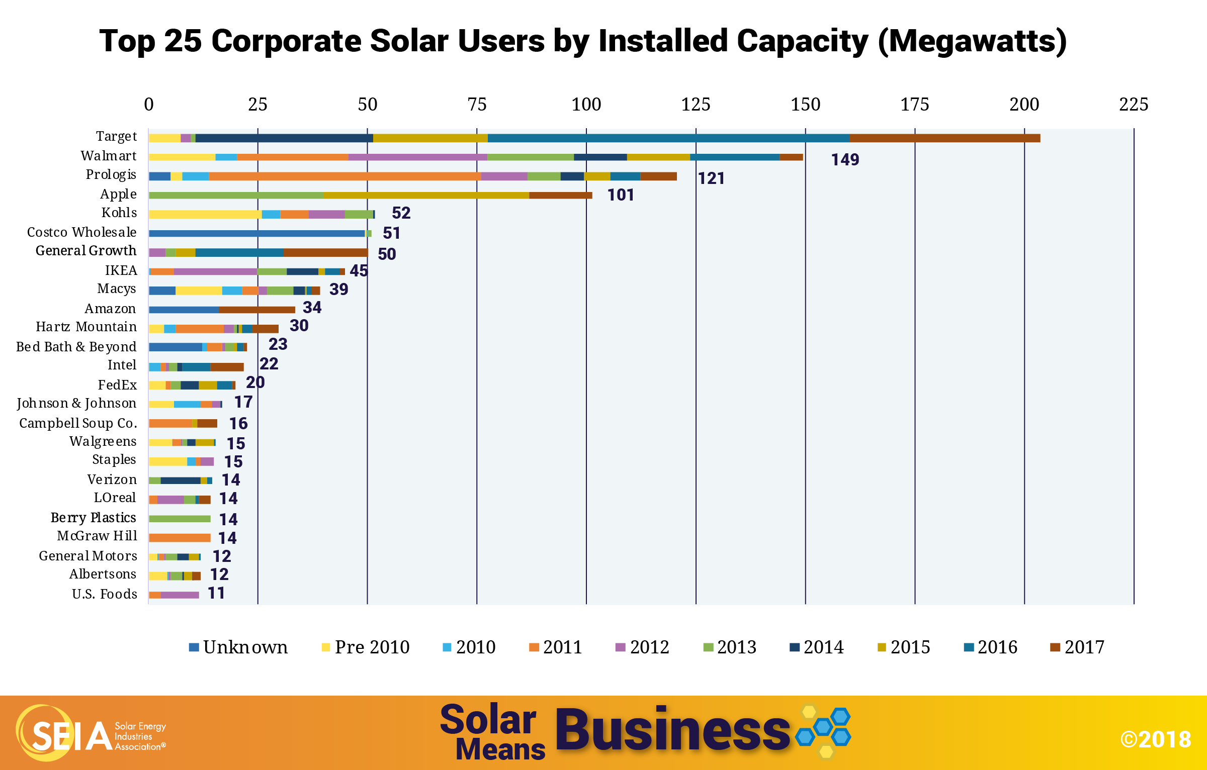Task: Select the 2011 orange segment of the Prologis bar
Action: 344,176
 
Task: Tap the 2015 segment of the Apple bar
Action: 426,195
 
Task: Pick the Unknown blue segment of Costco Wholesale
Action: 256,233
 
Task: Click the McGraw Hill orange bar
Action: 180,538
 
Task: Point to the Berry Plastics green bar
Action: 180,519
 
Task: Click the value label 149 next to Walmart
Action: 845,160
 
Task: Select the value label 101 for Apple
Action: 621,195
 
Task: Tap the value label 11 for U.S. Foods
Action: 216,593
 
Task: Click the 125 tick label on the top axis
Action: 696,105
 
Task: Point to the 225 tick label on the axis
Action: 1134,105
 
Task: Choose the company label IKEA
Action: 121,270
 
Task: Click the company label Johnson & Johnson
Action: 76,403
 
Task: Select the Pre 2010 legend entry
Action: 366,647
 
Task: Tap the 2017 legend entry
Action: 1078,647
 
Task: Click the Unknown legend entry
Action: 239,647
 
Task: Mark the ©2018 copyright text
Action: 1156,739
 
